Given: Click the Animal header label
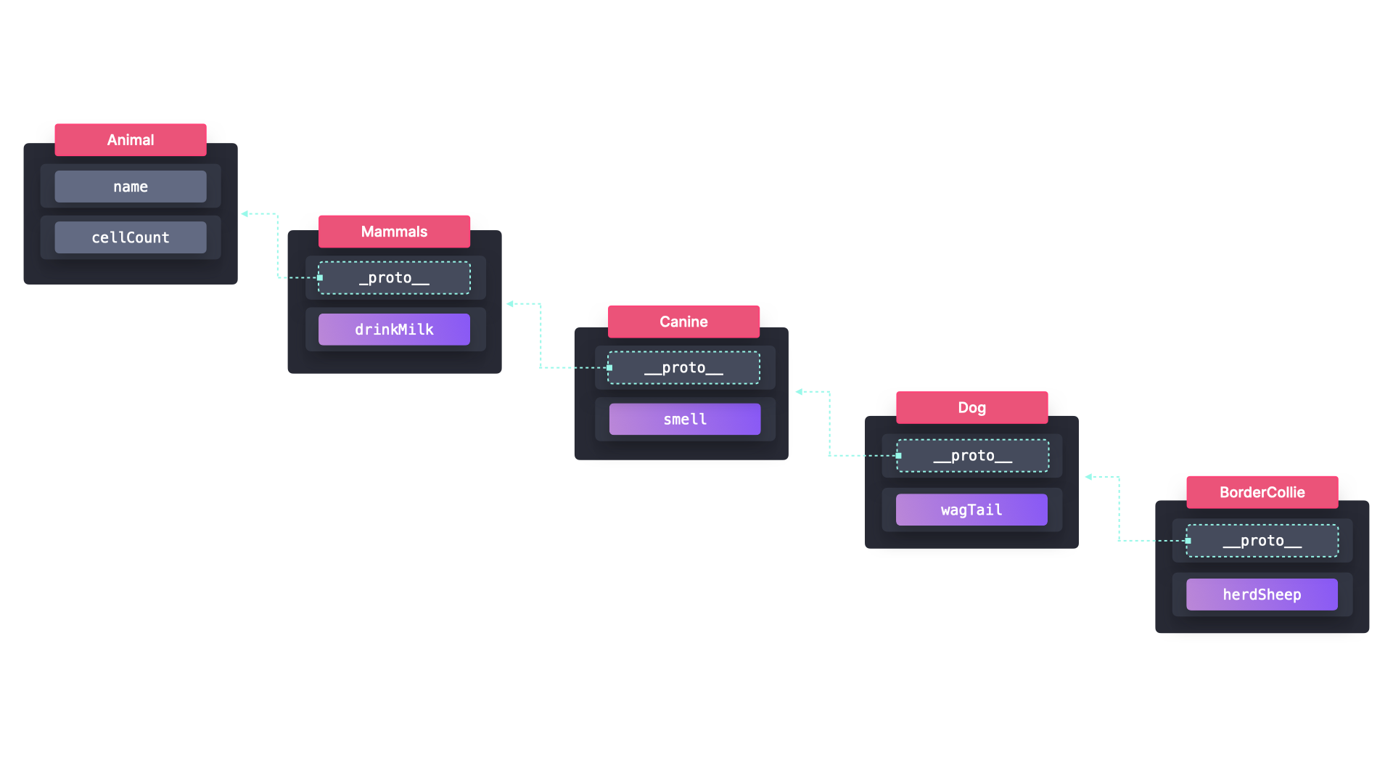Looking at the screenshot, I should click(131, 140).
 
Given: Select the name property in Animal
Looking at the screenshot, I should click(131, 187).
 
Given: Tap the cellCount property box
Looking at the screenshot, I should click(131, 237).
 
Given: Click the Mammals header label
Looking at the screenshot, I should click(394, 232).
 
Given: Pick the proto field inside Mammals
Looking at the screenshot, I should click(394, 278).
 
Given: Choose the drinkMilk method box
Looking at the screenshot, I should click(394, 330).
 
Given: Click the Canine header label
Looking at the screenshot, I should click(683, 322).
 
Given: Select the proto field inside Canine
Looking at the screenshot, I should click(683, 368).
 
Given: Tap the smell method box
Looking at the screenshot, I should click(684, 420).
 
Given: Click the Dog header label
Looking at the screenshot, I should click(971, 408).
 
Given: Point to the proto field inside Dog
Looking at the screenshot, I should click(972, 456).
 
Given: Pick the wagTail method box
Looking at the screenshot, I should click(971, 510).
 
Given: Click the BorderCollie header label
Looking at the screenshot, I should click(1262, 492).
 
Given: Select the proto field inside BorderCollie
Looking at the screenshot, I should click(1262, 541).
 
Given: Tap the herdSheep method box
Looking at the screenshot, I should click(1262, 595).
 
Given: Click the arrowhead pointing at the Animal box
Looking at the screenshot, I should click(245, 214).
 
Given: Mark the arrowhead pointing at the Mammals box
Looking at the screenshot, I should click(510, 304).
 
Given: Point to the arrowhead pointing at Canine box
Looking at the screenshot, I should click(799, 392).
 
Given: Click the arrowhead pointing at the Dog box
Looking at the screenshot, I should click(1088, 477).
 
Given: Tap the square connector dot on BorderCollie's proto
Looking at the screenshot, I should click(1188, 541).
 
